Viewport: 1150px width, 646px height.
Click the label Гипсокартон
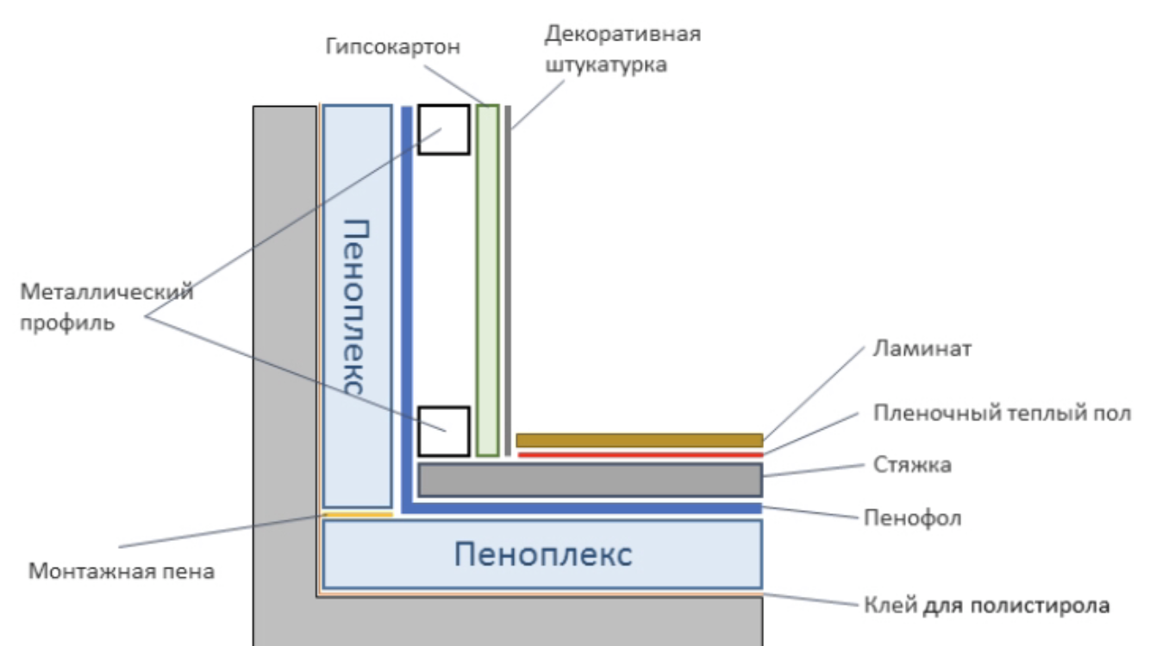point(393,47)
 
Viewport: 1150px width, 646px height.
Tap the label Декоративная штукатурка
point(622,49)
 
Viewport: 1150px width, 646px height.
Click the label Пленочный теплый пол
point(1001,414)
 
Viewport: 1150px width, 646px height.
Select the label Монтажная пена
point(121,570)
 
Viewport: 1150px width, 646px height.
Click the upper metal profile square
point(444,129)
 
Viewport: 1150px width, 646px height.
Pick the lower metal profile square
point(444,431)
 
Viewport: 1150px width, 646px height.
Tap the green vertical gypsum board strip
point(488,280)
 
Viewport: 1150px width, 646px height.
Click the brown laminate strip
point(639,440)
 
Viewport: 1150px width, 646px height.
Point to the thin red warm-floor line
point(639,454)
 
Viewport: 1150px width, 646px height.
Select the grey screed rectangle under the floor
point(590,480)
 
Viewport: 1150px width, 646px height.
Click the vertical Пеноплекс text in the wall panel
point(356,306)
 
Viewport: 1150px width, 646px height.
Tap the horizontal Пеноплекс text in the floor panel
point(543,554)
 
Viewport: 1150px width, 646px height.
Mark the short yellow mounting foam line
point(357,514)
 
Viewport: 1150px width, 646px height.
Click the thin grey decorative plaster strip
point(509,280)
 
